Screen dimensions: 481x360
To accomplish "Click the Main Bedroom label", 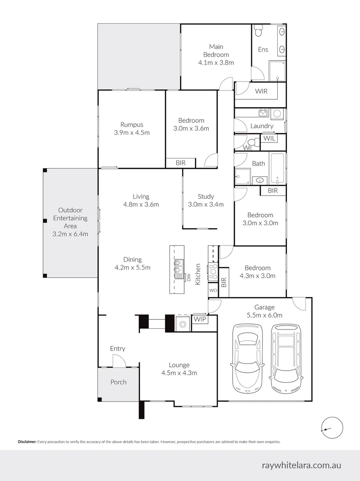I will pos(216,50).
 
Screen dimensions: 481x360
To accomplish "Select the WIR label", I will pos(261,91).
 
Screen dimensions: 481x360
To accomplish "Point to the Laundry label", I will pos(262,126).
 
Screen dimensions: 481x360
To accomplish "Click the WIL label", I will pos(269,139).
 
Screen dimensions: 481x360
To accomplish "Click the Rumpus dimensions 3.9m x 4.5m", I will pos(132,133).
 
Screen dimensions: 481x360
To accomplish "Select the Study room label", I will pos(206,196).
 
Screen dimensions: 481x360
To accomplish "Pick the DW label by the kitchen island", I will pos(188,278).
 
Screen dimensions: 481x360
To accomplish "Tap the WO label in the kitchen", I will pos(213,290).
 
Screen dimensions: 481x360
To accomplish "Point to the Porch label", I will pos(118,382).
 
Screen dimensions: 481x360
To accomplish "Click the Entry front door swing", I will pos(119,362).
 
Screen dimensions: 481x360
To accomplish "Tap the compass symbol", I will pos(331,428).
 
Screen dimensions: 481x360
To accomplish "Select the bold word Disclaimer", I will pos(27,442).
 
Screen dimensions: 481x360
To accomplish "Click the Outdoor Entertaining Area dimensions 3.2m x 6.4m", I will pos(70,234).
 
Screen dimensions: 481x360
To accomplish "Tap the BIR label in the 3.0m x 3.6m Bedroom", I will pos(180,163).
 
